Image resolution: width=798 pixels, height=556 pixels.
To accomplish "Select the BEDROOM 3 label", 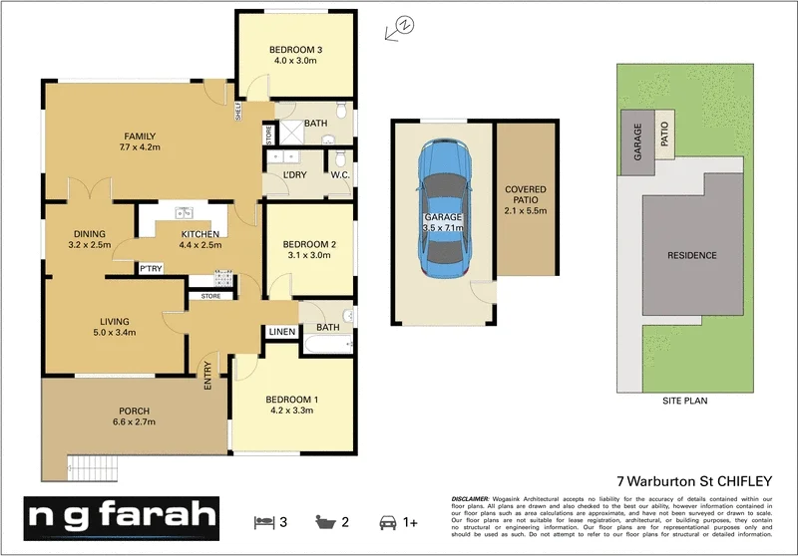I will [x=296, y=50].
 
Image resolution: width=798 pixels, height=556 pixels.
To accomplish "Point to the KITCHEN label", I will [x=199, y=233].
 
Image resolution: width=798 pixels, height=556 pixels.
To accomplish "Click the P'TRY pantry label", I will [x=151, y=269].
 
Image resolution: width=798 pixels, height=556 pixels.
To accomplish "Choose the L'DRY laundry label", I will [x=294, y=175].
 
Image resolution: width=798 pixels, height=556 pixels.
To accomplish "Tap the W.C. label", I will [x=338, y=175].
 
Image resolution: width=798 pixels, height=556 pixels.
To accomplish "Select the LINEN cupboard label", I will [x=279, y=332].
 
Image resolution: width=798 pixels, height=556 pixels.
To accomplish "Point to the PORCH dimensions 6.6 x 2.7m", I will [x=134, y=424].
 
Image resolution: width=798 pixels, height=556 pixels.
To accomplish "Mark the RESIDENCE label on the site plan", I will [x=691, y=255].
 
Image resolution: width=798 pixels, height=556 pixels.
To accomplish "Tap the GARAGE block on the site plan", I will [x=632, y=142].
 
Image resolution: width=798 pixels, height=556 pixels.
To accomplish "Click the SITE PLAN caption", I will [x=684, y=401].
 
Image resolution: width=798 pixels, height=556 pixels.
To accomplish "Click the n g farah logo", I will [x=121, y=517].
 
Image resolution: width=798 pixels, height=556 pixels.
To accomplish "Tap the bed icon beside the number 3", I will [x=263, y=522].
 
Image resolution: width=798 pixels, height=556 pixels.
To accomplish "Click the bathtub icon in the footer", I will [x=324, y=522].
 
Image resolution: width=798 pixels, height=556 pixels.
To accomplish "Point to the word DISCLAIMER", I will [x=469, y=497].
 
